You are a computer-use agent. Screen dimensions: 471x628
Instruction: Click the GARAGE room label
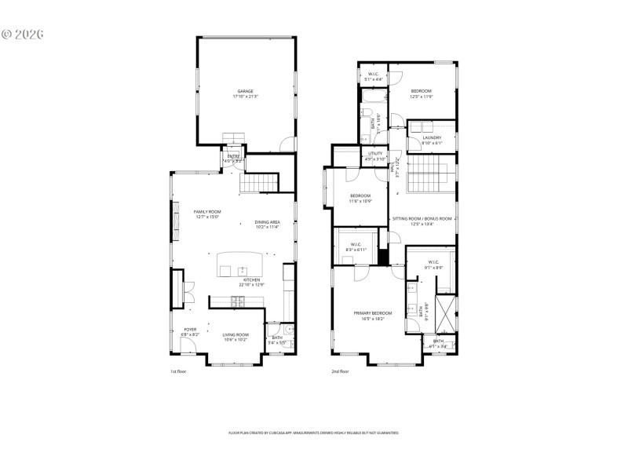(x=245, y=90)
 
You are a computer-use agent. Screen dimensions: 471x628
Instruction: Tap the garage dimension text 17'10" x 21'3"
(x=245, y=97)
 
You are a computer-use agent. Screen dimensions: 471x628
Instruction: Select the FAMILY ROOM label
(x=207, y=212)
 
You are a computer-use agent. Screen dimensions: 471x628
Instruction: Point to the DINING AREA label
(x=267, y=221)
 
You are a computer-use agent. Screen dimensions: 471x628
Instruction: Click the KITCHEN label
(x=251, y=279)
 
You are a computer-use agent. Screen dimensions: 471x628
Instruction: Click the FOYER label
(x=190, y=330)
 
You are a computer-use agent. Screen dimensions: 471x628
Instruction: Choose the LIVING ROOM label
(x=235, y=334)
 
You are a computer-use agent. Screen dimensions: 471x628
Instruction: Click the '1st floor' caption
(x=179, y=371)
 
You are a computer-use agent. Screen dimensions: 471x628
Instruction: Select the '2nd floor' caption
(x=341, y=371)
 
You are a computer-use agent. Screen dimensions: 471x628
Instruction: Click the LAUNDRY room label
(x=432, y=138)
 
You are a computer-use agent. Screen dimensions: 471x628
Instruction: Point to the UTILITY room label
(x=375, y=154)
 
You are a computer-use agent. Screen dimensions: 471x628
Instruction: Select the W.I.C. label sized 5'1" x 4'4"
(x=374, y=75)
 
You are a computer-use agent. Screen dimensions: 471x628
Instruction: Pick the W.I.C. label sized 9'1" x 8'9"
(x=434, y=262)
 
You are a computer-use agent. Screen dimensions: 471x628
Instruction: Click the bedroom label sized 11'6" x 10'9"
(x=360, y=195)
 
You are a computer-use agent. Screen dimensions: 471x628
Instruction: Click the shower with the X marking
(x=446, y=312)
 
